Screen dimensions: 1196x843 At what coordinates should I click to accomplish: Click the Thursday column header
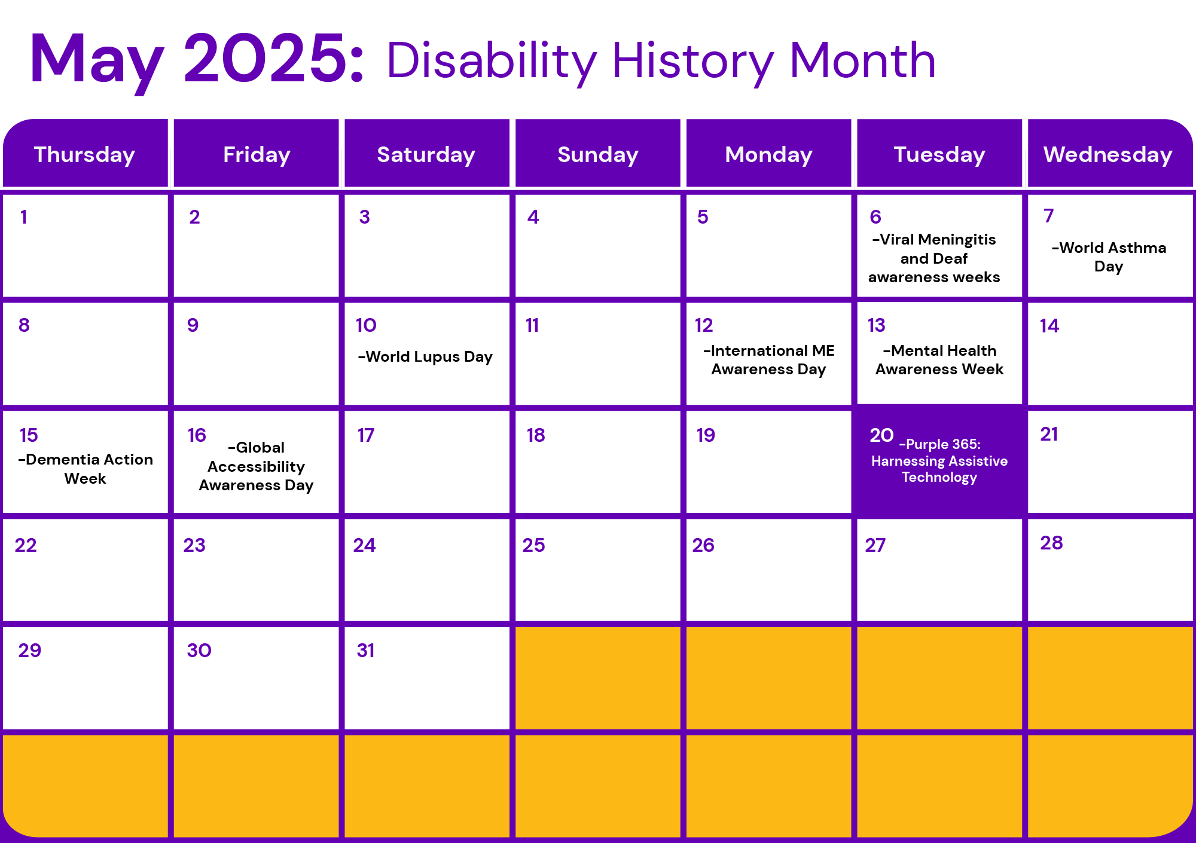tap(84, 154)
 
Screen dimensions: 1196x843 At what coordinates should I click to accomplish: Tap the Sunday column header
tap(598, 154)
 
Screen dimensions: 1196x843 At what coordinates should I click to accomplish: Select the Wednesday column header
tap(1108, 154)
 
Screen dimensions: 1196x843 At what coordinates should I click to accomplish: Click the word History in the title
tap(693, 62)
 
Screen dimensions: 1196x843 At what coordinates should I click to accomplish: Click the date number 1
tap(23, 217)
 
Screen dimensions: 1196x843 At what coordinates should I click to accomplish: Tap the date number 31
tap(365, 650)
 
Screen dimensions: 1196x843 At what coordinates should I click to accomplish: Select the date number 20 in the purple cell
tap(881, 435)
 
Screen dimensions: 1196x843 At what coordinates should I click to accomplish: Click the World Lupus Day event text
tap(425, 357)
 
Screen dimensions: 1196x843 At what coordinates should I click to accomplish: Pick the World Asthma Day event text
tap(1109, 257)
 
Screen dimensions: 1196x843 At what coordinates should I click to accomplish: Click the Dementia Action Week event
tap(86, 469)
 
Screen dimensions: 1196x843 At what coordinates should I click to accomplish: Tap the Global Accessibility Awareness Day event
tap(256, 466)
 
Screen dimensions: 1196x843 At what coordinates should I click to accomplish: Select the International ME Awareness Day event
tap(769, 360)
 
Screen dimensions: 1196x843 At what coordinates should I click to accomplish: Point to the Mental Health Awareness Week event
tap(939, 360)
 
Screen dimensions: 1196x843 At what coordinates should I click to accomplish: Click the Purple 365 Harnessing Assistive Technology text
tap(939, 460)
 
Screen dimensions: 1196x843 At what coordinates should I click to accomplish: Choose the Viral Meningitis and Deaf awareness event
tap(934, 258)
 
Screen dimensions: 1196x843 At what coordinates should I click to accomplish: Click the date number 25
tap(533, 545)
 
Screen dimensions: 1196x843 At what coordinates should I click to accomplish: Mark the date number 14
tap(1049, 326)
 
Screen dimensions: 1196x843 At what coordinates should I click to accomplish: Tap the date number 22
tap(26, 545)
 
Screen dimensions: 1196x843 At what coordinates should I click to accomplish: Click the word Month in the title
tap(862, 60)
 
